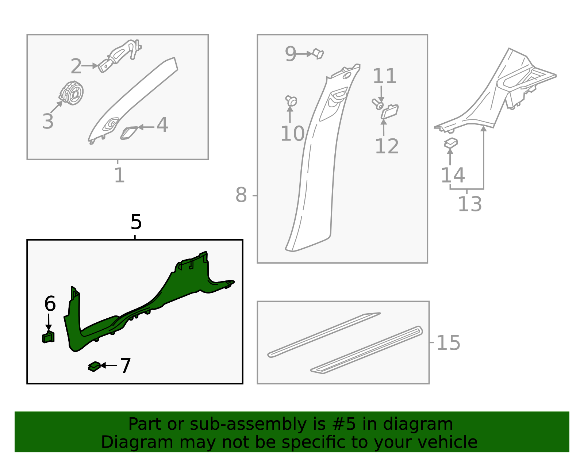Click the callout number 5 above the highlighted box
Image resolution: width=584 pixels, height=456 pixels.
coord(136,222)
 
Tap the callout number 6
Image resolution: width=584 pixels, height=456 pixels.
coord(50,304)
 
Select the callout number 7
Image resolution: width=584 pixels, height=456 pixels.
coord(125,366)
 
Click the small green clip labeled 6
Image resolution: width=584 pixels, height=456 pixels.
coord(49,337)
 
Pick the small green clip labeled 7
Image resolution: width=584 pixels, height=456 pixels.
coord(94,367)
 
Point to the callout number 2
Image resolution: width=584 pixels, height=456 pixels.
coord(76,66)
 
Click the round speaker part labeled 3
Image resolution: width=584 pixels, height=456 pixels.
coord(72,93)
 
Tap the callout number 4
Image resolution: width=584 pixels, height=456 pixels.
coord(162,125)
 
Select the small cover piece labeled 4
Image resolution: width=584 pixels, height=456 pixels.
coord(129,133)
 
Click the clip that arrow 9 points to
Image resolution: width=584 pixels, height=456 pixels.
coord(319,54)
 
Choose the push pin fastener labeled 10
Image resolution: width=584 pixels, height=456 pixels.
coord(291,101)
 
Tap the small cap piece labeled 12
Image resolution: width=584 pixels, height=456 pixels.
coord(390,111)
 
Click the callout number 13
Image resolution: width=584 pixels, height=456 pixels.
coord(469,204)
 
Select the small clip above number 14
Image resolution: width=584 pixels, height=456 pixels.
coord(451,143)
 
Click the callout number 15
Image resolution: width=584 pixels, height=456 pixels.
coord(448,343)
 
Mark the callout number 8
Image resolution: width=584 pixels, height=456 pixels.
coord(241,195)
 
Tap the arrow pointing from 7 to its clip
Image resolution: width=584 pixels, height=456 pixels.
coord(108,365)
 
